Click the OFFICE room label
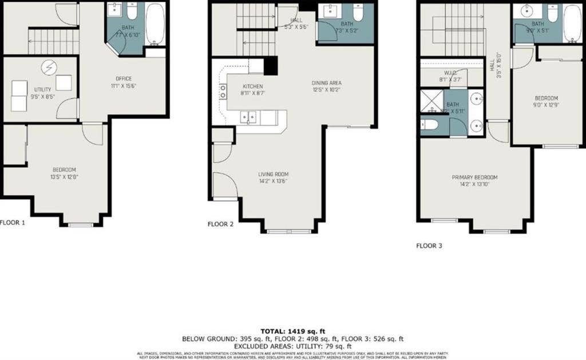[124, 78]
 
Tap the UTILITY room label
[42, 89]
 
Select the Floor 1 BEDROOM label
[64, 169]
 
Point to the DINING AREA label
[327, 82]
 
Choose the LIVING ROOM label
[273, 174]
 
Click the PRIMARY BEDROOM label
[474, 177]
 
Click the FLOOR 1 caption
[12, 223]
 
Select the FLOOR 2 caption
[220, 224]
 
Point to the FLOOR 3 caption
[429, 246]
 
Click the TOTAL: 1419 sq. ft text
[292, 331]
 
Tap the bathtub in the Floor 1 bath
[155, 23]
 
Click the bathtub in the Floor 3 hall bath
[572, 23]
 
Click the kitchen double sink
[248, 117]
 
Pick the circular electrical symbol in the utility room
[47, 68]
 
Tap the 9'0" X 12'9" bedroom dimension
[546, 105]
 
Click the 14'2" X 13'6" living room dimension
[273, 181]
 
